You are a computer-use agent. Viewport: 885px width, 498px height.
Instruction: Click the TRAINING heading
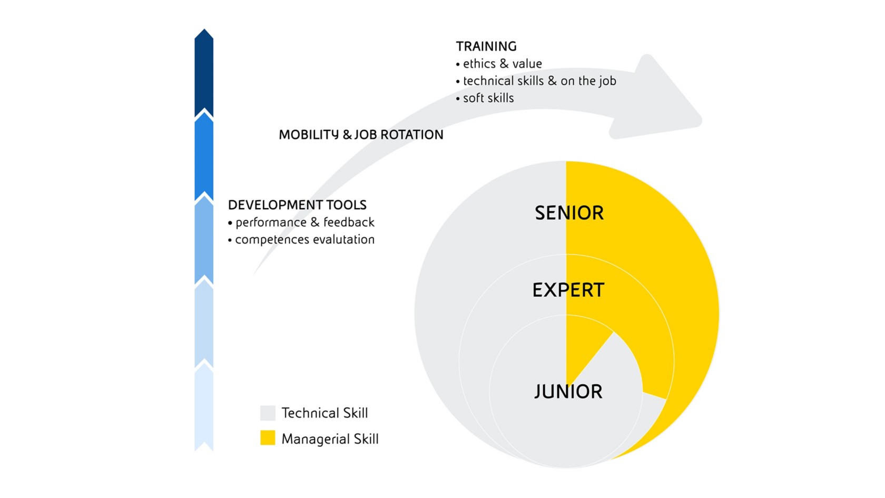[x=486, y=46]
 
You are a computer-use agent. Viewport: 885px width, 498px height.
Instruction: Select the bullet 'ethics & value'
[x=498, y=64]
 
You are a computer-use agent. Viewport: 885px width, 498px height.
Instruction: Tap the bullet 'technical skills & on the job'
[x=536, y=81]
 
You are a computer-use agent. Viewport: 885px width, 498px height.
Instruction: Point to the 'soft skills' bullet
[x=485, y=97]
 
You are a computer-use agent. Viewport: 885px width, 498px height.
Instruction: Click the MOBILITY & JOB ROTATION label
[x=361, y=135]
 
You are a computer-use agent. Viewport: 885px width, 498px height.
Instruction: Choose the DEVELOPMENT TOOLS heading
[x=297, y=204]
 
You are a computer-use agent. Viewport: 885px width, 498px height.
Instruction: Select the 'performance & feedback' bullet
[x=301, y=222]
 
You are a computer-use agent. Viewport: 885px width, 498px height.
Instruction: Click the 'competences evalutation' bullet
[x=301, y=239]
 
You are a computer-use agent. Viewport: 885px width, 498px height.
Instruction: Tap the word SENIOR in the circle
[x=569, y=213]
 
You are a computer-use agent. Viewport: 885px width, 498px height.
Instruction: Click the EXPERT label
[x=568, y=290]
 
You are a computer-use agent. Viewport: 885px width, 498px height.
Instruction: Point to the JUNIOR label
[x=568, y=392]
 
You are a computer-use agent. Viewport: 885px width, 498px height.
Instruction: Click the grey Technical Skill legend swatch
[x=268, y=413]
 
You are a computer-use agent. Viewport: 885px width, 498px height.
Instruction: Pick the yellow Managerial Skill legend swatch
[x=268, y=438]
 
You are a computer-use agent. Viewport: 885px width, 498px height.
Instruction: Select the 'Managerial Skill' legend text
[x=330, y=438]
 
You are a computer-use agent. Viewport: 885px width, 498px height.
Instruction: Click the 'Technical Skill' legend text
[x=324, y=413]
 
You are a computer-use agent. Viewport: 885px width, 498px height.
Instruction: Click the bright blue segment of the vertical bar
[x=204, y=158]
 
